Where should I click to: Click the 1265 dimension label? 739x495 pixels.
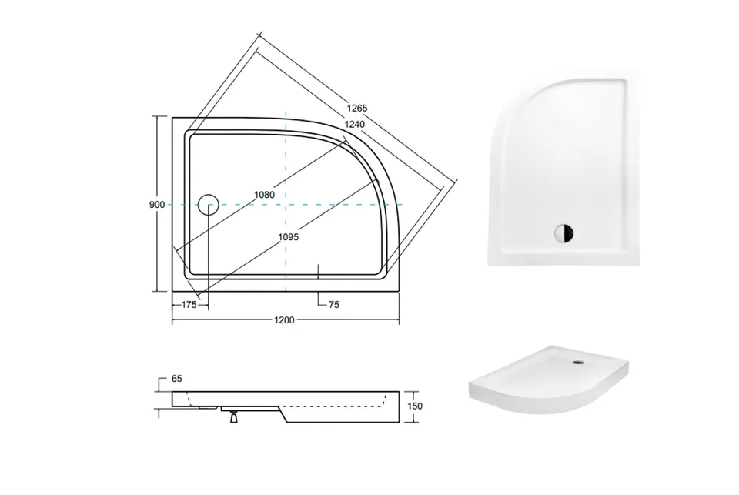tap(356, 108)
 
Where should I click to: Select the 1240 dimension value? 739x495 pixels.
tap(354, 125)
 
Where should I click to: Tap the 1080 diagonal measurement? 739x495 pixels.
tap(264, 194)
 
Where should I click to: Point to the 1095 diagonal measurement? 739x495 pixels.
tap(289, 237)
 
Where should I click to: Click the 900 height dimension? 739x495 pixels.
tap(157, 205)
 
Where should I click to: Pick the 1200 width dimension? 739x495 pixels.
tap(284, 320)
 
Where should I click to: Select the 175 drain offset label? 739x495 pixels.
tap(189, 305)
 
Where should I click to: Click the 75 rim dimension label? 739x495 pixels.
tap(333, 305)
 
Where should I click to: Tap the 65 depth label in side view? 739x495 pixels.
tap(177, 379)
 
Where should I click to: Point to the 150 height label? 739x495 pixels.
tap(415, 406)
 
